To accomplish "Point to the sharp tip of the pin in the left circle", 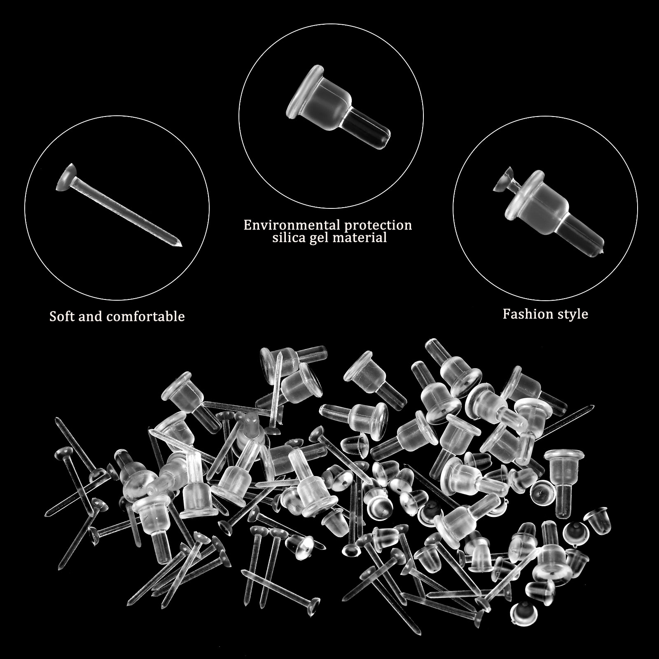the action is [180, 246].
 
